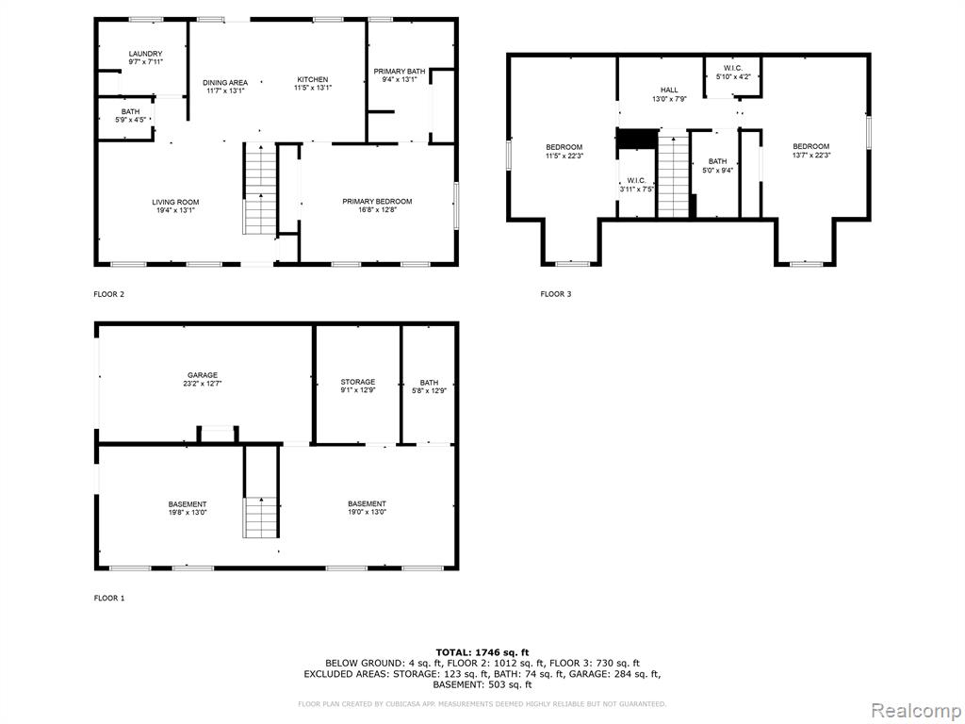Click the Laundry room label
(x=146, y=58)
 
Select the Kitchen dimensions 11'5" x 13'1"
(x=313, y=88)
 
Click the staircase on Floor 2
(x=260, y=189)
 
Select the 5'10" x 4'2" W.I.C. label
(x=733, y=72)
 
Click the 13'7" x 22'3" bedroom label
(x=810, y=150)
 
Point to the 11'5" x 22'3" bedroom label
(x=564, y=151)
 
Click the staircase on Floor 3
(x=673, y=173)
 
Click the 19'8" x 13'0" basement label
(x=188, y=508)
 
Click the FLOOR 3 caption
(x=556, y=294)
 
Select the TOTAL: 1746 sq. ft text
(x=482, y=652)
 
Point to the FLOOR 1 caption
(x=109, y=598)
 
